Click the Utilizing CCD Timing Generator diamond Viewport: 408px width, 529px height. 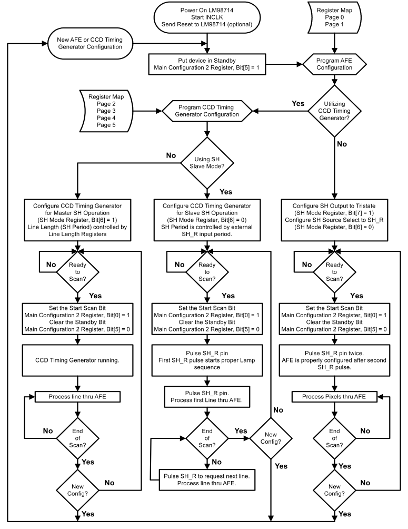click(x=334, y=112)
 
